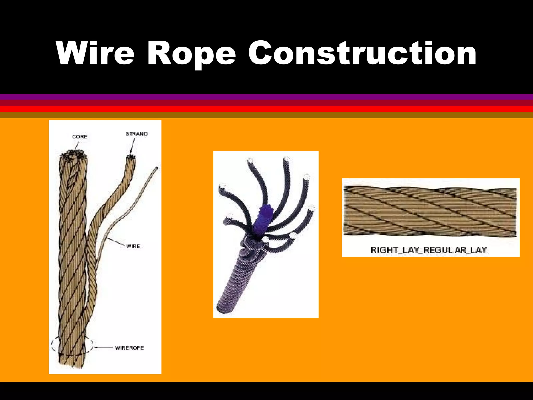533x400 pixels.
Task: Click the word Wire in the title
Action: [x=95, y=53]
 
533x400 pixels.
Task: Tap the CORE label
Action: [x=80, y=137]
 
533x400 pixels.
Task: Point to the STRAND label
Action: [x=136, y=134]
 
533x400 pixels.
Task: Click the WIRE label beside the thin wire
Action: [x=133, y=246]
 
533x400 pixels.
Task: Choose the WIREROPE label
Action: [x=129, y=348]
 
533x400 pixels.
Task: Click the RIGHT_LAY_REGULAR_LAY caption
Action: [x=429, y=250]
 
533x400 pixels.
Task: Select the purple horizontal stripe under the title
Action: [x=266, y=97]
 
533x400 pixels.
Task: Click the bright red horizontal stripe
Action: [x=266, y=109]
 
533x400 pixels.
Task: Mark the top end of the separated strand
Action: [x=130, y=158]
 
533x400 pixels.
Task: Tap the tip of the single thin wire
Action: [x=157, y=168]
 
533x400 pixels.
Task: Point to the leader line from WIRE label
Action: [x=117, y=242]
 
